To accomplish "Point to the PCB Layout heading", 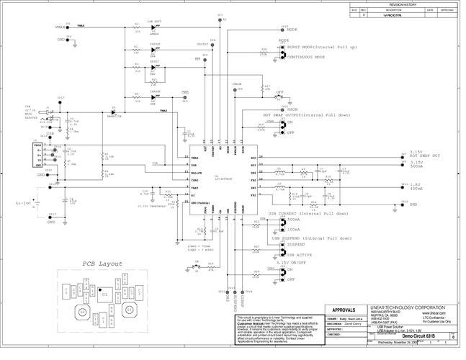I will [103, 264].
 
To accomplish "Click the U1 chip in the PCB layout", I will [105, 294].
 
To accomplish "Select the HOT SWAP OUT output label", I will [426, 156].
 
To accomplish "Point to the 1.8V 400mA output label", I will [417, 186].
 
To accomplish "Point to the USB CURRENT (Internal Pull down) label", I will [308, 214].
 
